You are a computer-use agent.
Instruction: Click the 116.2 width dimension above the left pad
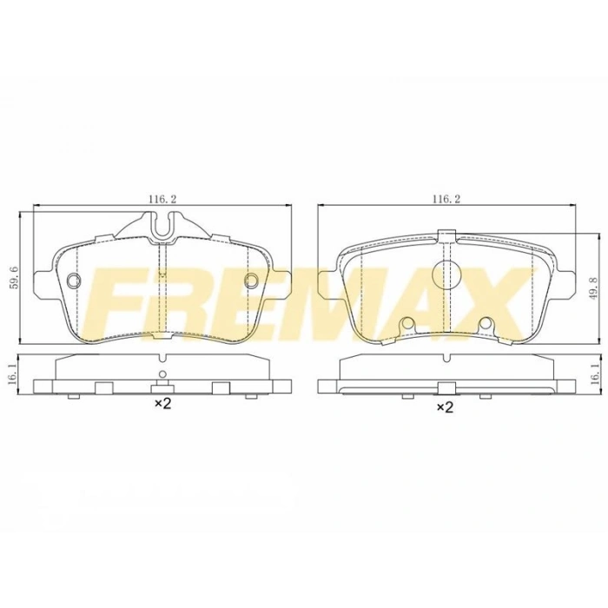(x=162, y=199)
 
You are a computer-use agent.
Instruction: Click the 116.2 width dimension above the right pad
(x=446, y=199)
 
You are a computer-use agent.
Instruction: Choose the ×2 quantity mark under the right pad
(x=446, y=406)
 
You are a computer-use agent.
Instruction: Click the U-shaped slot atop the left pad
(x=162, y=226)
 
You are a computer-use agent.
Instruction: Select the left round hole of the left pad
(x=73, y=280)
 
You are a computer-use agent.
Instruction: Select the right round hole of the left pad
(x=252, y=280)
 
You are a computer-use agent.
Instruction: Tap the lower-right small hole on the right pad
(x=486, y=325)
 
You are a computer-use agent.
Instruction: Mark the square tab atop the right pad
(x=446, y=235)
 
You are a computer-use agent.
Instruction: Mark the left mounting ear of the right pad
(x=328, y=282)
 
